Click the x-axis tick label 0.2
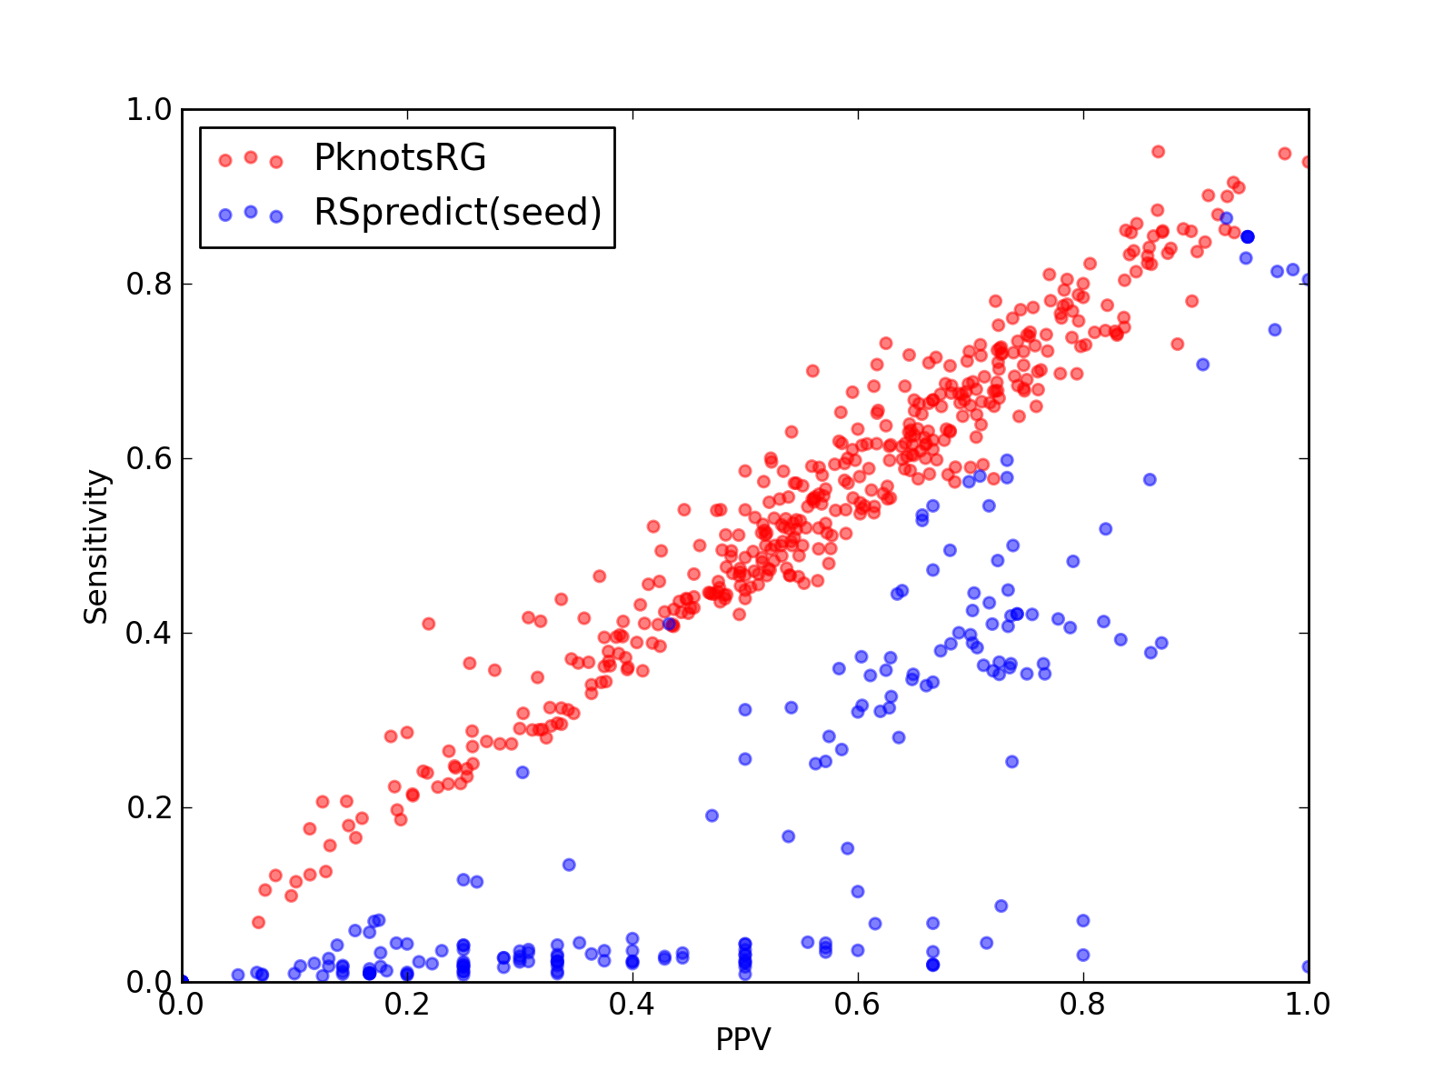click(406, 1005)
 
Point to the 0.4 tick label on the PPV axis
click(632, 1005)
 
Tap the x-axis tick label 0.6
click(857, 1005)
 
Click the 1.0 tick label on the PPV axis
click(1307, 1005)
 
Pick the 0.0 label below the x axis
click(181, 1005)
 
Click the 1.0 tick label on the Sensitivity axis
click(149, 109)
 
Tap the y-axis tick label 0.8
click(149, 285)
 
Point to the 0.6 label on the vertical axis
click(149, 458)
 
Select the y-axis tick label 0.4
click(149, 634)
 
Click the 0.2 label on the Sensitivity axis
click(149, 807)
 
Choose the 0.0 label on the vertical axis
click(149, 982)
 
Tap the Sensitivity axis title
click(96, 546)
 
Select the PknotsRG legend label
click(400, 157)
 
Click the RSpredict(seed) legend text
click(458, 212)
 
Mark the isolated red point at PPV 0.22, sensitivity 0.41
click(429, 624)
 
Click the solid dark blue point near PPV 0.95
click(1248, 236)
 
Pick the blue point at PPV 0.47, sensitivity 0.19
click(712, 816)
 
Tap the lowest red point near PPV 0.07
click(258, 922)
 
